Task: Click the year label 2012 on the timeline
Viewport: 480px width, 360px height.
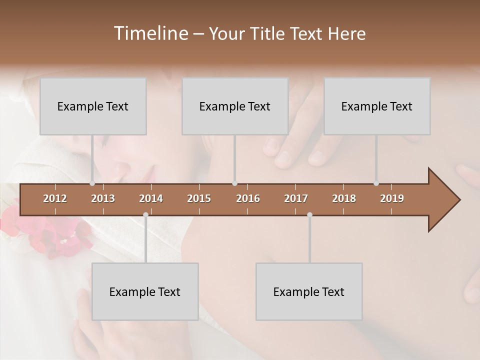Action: (55, 198)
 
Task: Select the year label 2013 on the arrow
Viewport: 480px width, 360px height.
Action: (103, 198)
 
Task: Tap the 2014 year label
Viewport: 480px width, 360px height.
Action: (151, 198)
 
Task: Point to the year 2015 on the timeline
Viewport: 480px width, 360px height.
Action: (199, 198)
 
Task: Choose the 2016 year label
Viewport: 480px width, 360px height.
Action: (248, 198)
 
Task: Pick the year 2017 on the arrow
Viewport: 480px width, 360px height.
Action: (296, 198)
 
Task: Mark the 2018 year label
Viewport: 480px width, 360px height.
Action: (344, 198)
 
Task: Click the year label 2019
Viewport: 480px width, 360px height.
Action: (392, 198)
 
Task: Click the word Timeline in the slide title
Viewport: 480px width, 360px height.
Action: (150, 33)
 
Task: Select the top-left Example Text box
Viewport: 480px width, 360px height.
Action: (93, 106)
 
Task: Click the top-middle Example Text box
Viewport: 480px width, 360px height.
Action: (235, 106)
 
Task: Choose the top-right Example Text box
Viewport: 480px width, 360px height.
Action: (377, 106)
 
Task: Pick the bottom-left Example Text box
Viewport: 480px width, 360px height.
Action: (145, 291)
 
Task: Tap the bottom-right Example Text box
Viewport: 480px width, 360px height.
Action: (309, 291)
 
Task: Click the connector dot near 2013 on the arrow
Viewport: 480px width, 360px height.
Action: (92, 183)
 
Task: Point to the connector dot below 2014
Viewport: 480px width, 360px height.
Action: (145, 215)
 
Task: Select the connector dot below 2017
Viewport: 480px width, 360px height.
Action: (309, 215)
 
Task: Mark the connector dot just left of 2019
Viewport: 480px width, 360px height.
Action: (376, 183)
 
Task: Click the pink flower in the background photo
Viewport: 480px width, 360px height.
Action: (50, 235)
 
